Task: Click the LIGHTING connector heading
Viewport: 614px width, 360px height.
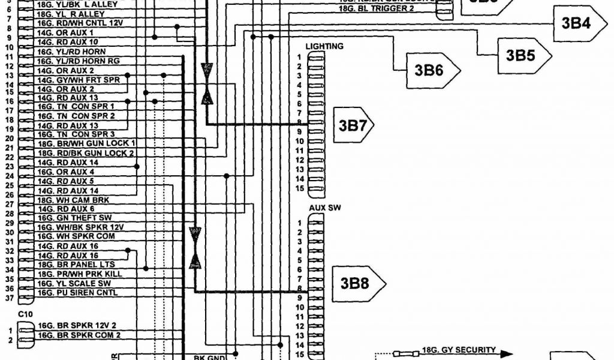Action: (x=324, y=46)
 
